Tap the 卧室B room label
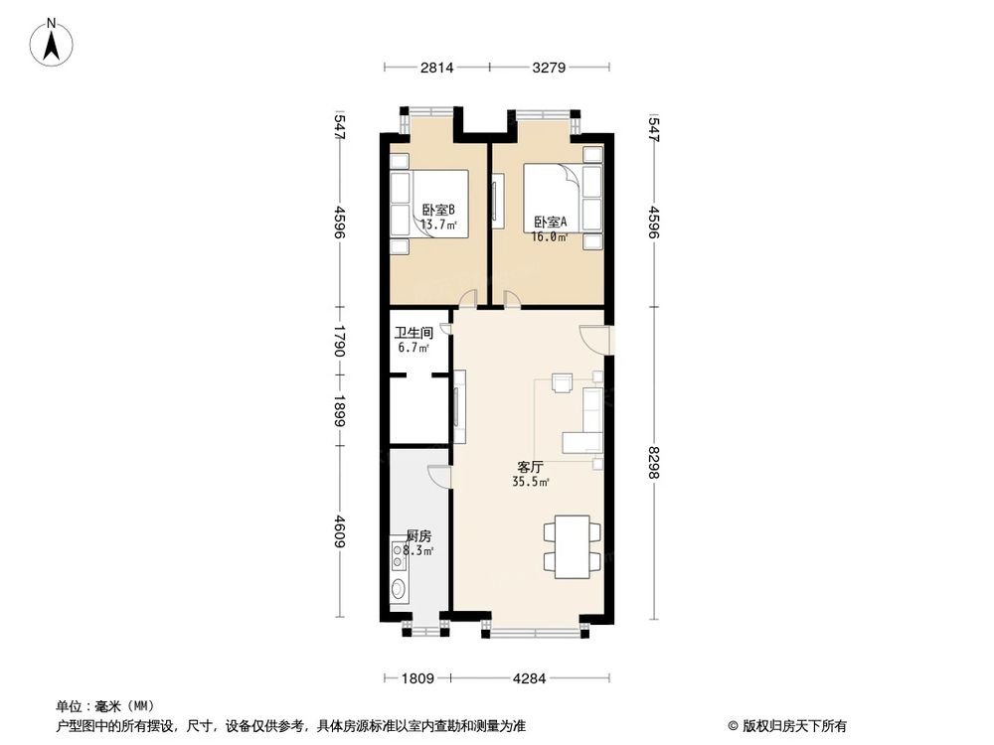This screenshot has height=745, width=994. point(437,210)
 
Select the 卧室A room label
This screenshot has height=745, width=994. point(550,223)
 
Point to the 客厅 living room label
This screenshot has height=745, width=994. point(530,466)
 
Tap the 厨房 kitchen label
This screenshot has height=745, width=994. point(418,535)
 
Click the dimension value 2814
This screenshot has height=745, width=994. point(436,68)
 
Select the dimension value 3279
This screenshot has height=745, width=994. point(550,68)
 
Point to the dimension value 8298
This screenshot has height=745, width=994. point(653,465)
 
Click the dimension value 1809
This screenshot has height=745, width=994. point(418,679)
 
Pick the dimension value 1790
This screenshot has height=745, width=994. point(340,342)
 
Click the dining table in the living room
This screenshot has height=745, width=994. point(573,545)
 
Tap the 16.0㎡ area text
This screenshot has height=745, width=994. point(550,237)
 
